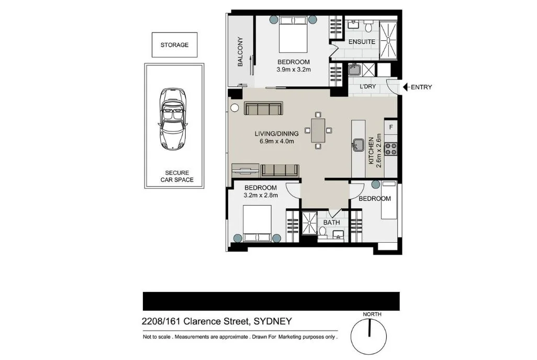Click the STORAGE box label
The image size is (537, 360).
pyautogui.click(x=174, y=45)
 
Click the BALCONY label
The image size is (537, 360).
pyautogui.click(x=240, y=51)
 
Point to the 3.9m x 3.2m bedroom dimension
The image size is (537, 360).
pyautogui.click(x=294, y=69)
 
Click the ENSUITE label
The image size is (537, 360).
pyautogui.click(x=362, y=41)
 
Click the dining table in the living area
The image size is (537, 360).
pyautogui.click(x=318, y=130)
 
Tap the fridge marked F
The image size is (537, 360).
pyautogui.click(x=391, y=127)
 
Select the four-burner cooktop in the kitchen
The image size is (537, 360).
pyautogui.click(x=391, y=149)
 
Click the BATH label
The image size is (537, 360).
pyautogui.click(x=331, y=222)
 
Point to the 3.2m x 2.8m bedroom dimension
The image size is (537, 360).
pyautogui.click(x=261, y=195)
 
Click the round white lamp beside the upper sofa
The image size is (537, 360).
pyautogui.click(x=234, y=108)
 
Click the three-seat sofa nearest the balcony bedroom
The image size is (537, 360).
pyautogui.click(x=264, y=108)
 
